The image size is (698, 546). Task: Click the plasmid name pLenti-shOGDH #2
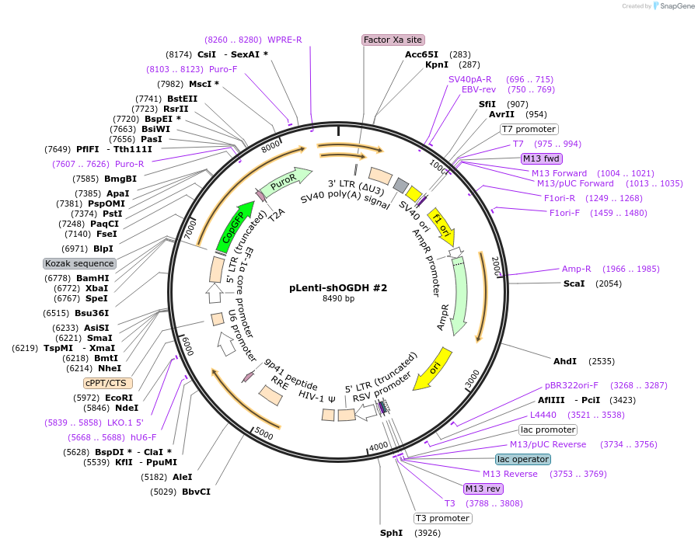tap(338, 287)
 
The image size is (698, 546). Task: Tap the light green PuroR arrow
tap(284, 180)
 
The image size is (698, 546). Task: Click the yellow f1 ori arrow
tap(441, 225)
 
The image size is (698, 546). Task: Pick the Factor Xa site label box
tap(393, 40)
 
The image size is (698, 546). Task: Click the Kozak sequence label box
tap(80, 264)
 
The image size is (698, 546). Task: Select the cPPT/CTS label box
tap(108, 383)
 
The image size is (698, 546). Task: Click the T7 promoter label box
tap(529, 129)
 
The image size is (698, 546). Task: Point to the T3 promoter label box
tap(443, 518)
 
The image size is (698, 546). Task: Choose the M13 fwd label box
tap(542, 158)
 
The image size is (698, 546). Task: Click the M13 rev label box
tap(483, 489)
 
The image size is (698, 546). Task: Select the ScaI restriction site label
tap(574, 283)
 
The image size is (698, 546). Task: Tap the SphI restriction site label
tap(391, 533)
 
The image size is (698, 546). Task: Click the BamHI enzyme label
tap(92, 278)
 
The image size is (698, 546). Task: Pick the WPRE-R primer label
tap(284, 40)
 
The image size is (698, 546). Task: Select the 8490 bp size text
tap(338, 298)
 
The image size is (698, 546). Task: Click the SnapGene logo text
tap(675, 6)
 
